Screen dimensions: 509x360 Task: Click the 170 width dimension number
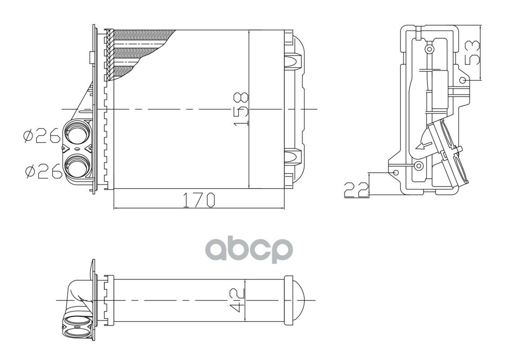pyautogui.click(x=199, y=200)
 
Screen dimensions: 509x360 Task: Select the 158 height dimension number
pyautogui.click(x=241, y=109)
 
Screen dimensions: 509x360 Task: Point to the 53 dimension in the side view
pyautogui.click(x=472, y=53)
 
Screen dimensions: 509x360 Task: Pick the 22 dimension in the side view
pyautogui.click(x=356, y=189)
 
